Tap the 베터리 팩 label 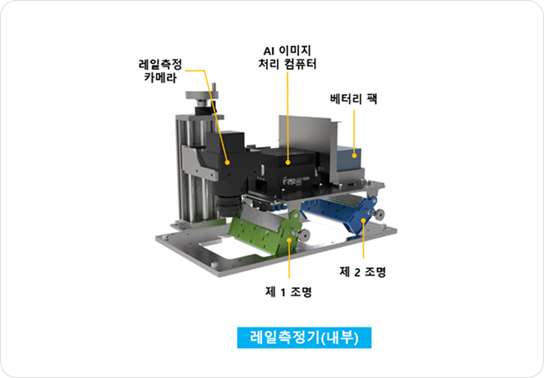355,98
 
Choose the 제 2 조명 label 363,272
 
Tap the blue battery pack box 352,160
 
